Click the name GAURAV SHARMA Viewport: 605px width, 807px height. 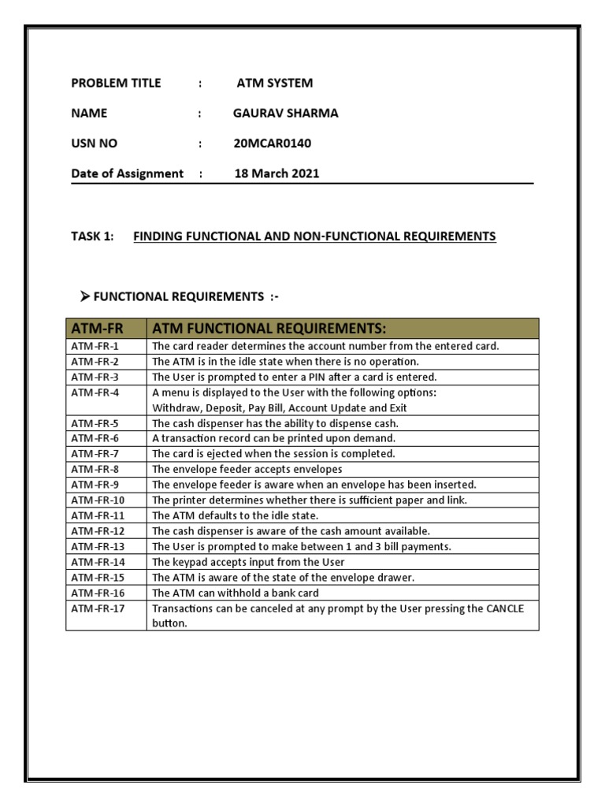point(285,113)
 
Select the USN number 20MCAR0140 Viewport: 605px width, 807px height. point(273,143)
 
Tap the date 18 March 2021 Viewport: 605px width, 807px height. point(277,174)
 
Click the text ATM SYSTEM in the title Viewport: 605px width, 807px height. point(275,83)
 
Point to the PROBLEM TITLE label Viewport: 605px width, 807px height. point(116,83)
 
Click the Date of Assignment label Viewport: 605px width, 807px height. point(128,174)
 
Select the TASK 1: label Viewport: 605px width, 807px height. point(93,236)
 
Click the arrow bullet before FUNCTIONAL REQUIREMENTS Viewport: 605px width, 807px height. point(85,296)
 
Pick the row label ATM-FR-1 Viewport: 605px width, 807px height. point(95,346)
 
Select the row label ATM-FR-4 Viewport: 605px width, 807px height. point(95,392)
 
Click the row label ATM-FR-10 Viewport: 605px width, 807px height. point(98,500)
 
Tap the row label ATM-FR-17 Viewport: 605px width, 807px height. point(98,608)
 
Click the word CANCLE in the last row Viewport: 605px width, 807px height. point(503,608)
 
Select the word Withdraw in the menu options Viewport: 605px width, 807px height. point(175,407)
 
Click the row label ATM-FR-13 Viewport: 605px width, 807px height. point(98,546)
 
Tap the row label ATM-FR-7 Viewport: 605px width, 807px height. point(95,454)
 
